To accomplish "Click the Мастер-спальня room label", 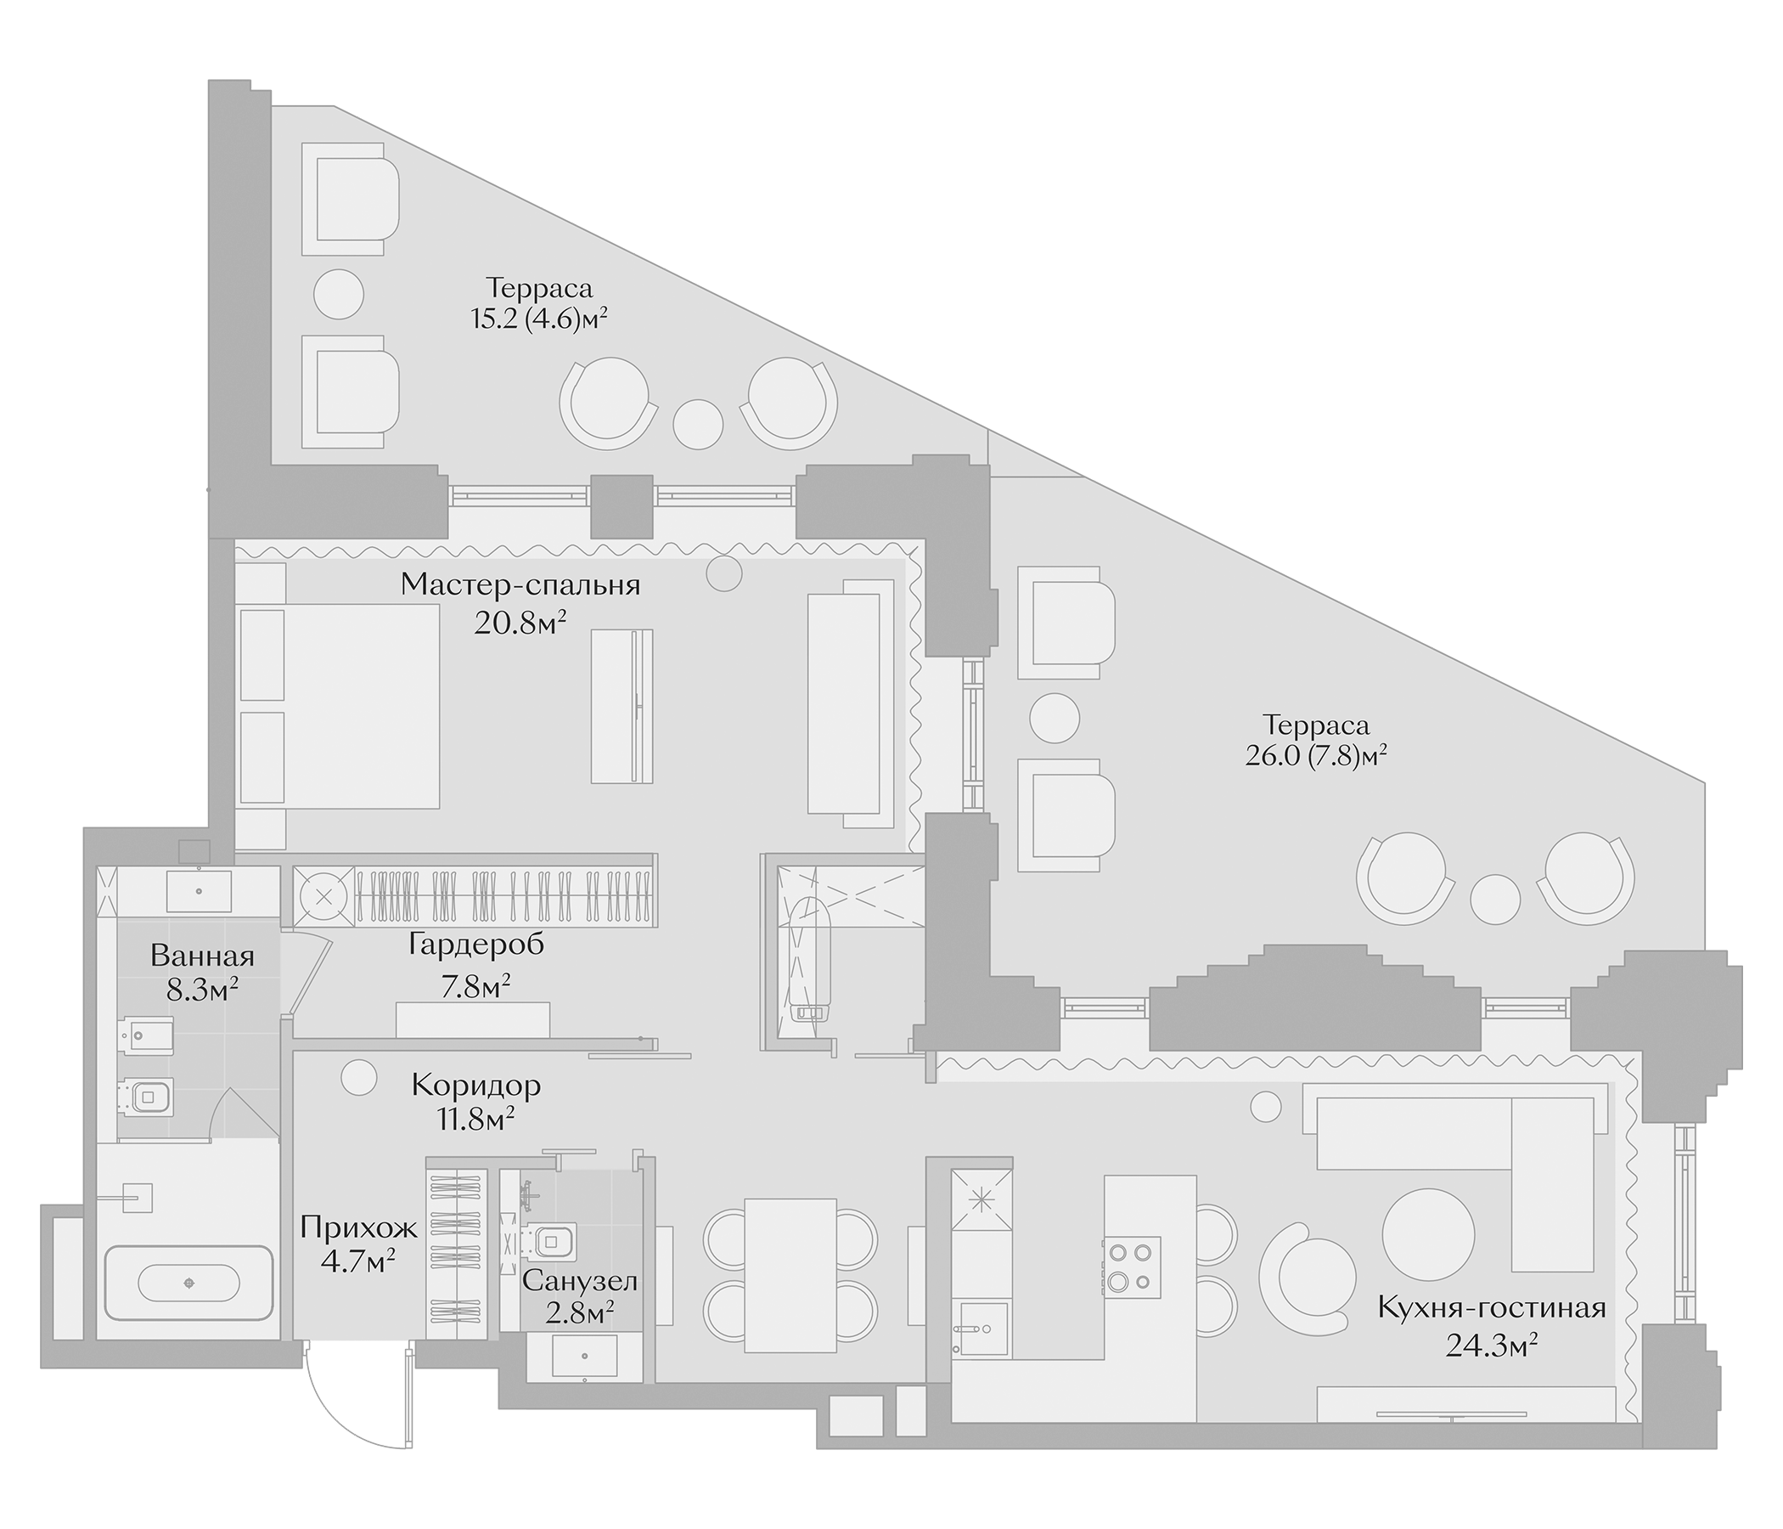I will pyautogui.click(x=520, y=585).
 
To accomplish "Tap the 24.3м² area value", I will pyautogui.click(x=1491, y=1368).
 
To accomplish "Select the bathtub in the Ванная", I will pyautogui.click(x=188, y=1283).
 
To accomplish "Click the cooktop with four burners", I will pyautogui.click(x=1132, y=1267).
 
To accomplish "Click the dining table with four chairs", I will pyautogui.click(x=790, y=1275).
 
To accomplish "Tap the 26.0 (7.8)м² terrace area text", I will pyautogui.click(x=1316, y=756).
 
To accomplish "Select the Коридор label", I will pyautogui.click(x=475, y=1086).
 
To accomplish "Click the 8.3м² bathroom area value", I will pyautogui.click(x=202, y=990).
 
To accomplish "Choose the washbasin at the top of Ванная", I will pyautogui.click(x=199, y=891).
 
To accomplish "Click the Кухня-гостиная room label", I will pyautogui.click(x=1491, y=1333).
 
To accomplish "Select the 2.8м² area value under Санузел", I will pyautogui.click(x=579, y=1312).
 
